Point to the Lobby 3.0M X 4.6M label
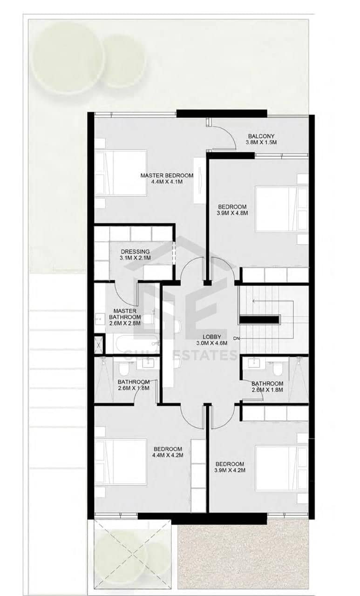211,340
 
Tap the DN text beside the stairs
236,339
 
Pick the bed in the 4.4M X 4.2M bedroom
121,462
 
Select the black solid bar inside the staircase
259,319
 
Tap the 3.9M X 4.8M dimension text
232,213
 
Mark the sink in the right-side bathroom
254,363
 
